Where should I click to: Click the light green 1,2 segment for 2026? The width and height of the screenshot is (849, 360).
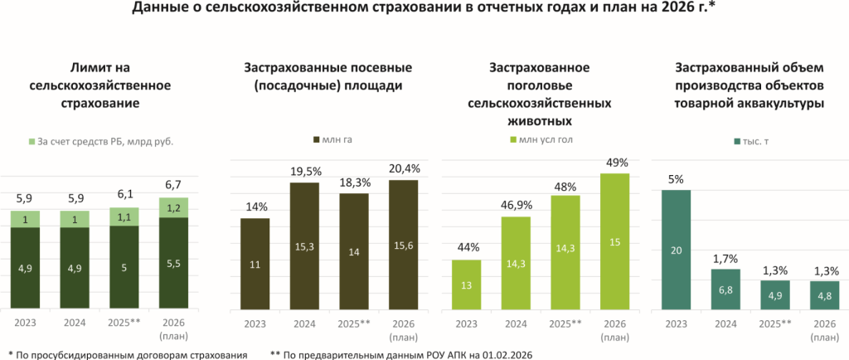[x=173, y=207]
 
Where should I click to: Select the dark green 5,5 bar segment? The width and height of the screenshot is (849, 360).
[x=173, y=261]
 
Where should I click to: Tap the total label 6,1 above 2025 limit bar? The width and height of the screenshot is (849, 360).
[x=124, y=193]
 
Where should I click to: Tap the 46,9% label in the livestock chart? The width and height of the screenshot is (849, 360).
[x=517, y=203]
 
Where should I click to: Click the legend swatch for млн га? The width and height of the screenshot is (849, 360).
[x=317, y=139]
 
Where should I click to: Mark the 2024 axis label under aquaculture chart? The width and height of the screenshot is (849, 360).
[x=725, y=323]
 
